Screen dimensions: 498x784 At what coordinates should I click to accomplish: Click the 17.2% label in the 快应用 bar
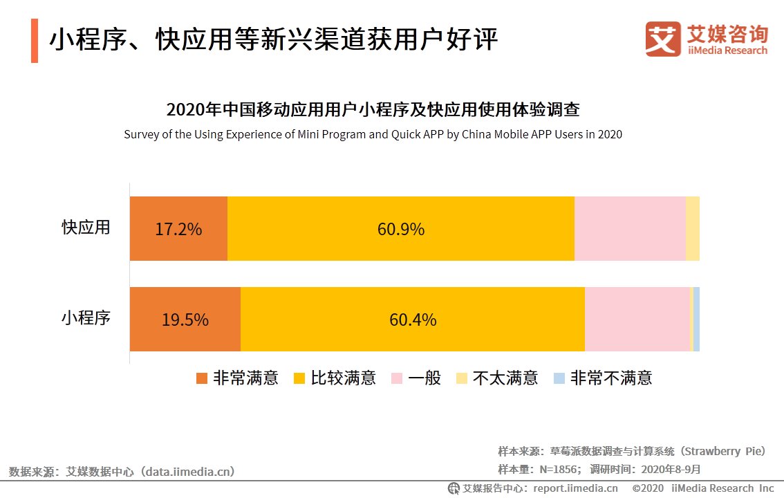(178, 229)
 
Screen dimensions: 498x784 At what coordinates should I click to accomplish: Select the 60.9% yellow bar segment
(400, 229)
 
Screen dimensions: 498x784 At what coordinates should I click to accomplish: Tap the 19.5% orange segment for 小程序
(185, 320)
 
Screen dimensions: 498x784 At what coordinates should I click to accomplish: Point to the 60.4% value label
(413, 320)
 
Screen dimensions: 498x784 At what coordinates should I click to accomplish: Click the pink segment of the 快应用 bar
(629, 229)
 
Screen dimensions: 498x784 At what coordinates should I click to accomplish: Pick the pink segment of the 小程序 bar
(637, 320)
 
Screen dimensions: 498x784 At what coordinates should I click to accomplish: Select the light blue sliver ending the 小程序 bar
(696, 320)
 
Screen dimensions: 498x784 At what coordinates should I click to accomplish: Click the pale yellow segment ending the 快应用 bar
(692, 229)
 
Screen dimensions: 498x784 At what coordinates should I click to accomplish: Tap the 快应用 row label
(86, 228)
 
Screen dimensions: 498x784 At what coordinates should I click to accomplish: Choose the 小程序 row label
(86, 318)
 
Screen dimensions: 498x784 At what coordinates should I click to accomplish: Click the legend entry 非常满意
(237, 378)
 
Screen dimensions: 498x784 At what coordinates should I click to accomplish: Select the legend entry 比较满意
(335, 378)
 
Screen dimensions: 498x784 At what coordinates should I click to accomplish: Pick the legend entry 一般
(416, 378)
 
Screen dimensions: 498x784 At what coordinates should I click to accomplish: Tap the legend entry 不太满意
(497, 378)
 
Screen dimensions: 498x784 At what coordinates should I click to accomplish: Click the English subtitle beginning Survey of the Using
(373, 134)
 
